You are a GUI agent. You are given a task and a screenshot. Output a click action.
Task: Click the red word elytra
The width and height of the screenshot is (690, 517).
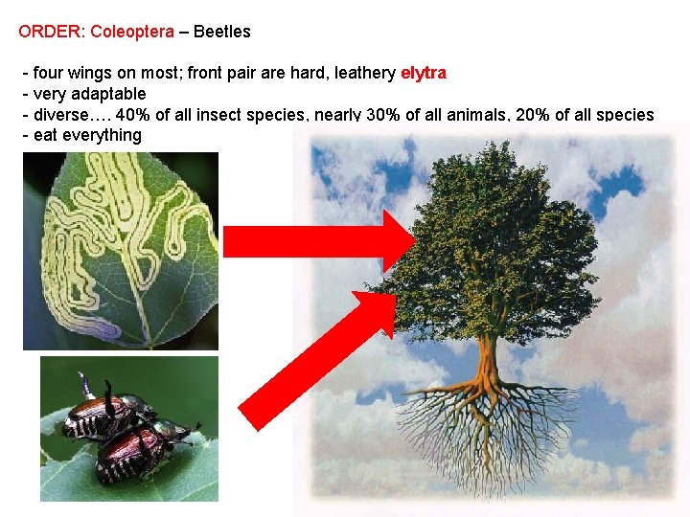tap(423, 73)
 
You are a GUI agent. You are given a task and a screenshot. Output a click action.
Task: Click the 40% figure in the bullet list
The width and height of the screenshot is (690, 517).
tap(133, 115)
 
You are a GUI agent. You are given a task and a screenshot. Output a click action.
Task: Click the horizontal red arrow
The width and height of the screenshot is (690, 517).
tap(316, 240)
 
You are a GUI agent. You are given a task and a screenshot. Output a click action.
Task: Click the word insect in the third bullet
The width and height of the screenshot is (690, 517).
tap(224, 115)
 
